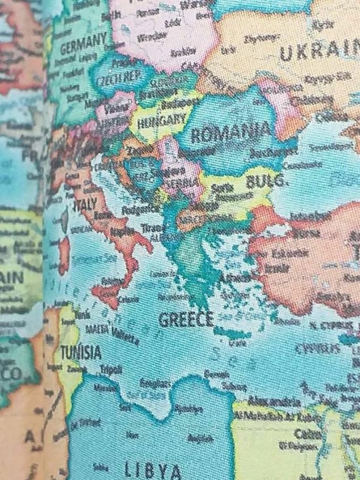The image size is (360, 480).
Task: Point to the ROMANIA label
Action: coord(230,134)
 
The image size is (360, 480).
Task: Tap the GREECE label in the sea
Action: coord(185,320)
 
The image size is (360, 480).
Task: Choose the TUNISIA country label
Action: coord(81,352)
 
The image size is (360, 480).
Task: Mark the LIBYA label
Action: coord(153,470)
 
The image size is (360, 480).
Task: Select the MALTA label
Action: coord(96,329)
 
